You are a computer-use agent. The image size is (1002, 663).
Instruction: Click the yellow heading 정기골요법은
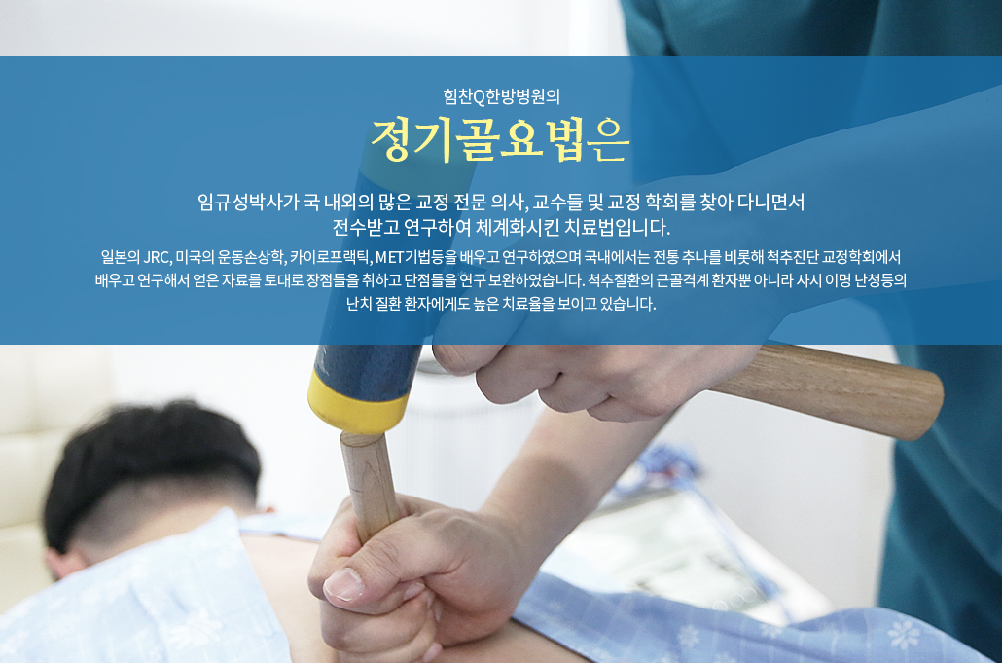[x=500, y=139]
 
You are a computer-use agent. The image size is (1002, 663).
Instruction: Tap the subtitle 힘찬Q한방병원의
[x=502, y=96]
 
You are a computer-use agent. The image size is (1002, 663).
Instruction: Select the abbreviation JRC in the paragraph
[x=158, y=257]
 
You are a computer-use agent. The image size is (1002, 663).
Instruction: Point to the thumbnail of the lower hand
[x=343, y=584]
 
